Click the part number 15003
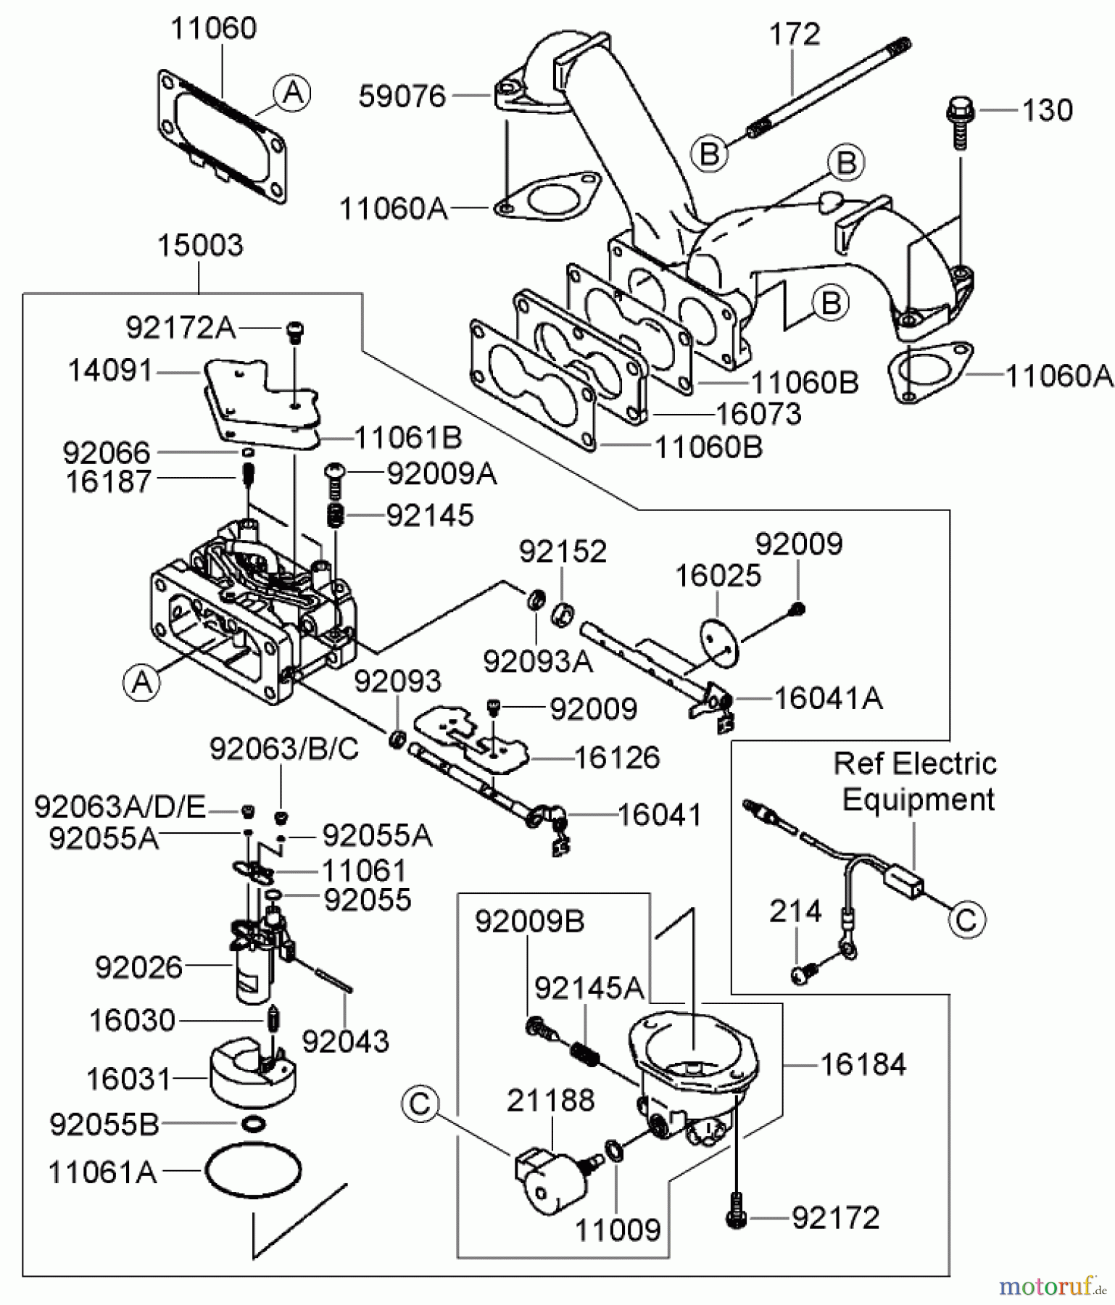(200, 246)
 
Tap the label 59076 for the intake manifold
(402, 96)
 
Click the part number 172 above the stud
(794, 35)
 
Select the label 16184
(863, 1064)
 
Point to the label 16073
(758, 414)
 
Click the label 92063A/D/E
(120, 806)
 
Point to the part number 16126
(617, 758)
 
